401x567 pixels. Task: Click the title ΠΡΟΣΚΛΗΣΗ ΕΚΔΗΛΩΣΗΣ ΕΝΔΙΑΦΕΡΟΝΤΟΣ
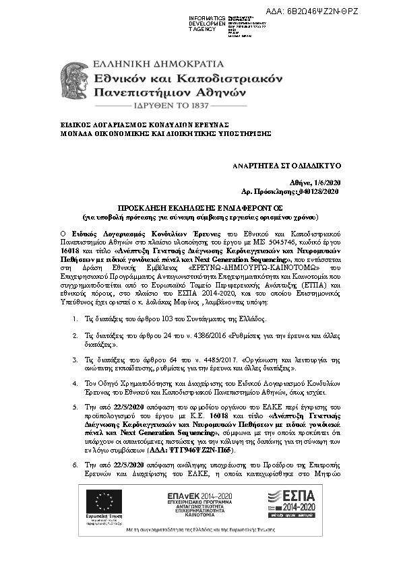200,209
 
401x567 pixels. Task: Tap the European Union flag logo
105,502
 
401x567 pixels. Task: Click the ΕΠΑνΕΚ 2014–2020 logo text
197,496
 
